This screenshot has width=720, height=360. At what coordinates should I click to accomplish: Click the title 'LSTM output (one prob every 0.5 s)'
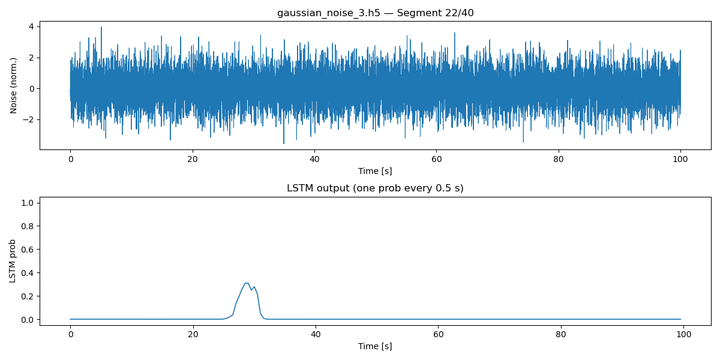tap(375, 188)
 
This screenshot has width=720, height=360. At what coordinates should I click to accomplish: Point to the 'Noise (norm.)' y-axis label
tap(14, 85)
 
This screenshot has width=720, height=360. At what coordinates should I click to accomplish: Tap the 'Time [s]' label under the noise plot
tap(375, 171)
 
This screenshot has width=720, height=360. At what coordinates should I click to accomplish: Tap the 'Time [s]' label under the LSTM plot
tap(375, 346)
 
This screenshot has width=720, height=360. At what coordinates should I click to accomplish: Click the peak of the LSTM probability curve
tap(247, 283)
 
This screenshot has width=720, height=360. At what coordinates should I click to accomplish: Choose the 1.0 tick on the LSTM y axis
tap(28, 202)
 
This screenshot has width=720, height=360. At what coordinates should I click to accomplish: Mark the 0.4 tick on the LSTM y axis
tap(28, 272)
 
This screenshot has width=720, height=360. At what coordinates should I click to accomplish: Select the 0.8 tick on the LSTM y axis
tap(28, 226)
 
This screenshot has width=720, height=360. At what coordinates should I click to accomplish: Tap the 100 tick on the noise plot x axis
tap(680, 159)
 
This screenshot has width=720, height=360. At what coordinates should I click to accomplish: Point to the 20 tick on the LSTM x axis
tap(192, 334)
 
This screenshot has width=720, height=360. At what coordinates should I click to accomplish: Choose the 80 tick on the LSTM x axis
tap(559, 334)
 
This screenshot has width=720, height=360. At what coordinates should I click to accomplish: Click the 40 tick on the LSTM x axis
tap(314, 334)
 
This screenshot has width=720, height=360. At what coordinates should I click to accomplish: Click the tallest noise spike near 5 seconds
tap(101, 28)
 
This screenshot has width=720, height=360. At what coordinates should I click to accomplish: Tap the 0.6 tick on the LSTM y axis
tap(28, 249)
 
